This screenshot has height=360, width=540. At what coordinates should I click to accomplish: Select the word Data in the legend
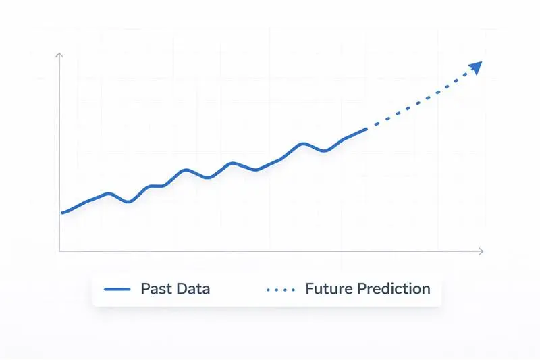tap(192, 289)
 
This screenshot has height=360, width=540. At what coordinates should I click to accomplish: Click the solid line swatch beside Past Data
tap(117, 289)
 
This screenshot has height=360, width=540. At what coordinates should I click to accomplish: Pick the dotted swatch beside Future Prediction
tap(281, 289)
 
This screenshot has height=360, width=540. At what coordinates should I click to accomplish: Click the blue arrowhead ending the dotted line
tap(476, 67)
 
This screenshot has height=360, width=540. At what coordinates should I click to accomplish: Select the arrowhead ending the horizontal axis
tap(481, 251)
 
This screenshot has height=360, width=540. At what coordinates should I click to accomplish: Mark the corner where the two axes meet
tap(60, 251)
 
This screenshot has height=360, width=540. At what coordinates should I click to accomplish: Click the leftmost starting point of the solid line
tap(62, 213)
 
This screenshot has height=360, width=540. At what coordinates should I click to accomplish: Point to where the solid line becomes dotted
tap(367, 128)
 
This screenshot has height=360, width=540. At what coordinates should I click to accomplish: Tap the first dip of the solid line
tap(128, 202)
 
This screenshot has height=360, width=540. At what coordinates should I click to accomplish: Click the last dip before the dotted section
tap(325, 151)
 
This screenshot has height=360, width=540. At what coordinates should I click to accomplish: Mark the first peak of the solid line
tap(109, 194)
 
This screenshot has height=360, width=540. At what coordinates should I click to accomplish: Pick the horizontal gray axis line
tap(270, 251)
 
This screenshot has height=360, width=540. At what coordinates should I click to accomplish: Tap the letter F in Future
tap(310, 289)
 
